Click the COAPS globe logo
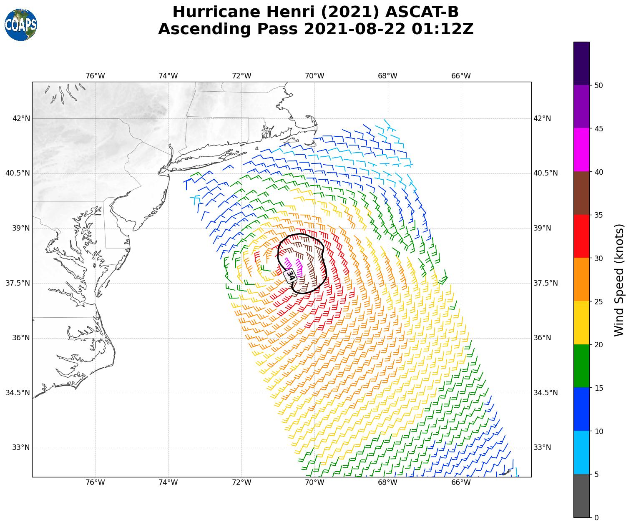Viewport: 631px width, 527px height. [x=21, y=25]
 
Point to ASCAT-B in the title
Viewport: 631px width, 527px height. [x=422, y=12]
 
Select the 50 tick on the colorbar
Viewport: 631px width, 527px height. [x=598, y=85]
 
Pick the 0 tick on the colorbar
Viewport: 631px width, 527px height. [x=596, y=517]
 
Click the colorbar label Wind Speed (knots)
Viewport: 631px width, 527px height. [x=619, y=280]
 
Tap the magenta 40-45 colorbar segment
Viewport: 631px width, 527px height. [x=581, y=150]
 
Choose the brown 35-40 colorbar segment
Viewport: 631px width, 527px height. [x=581, y=193]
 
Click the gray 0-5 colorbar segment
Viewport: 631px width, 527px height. [x=581, y=496]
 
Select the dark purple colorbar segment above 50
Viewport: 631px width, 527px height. [x=581, y=63]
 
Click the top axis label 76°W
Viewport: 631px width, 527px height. [x=95, y=76]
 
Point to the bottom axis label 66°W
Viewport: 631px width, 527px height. [x=461, y=482]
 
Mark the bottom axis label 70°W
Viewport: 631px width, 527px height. [x=314, y=482]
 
